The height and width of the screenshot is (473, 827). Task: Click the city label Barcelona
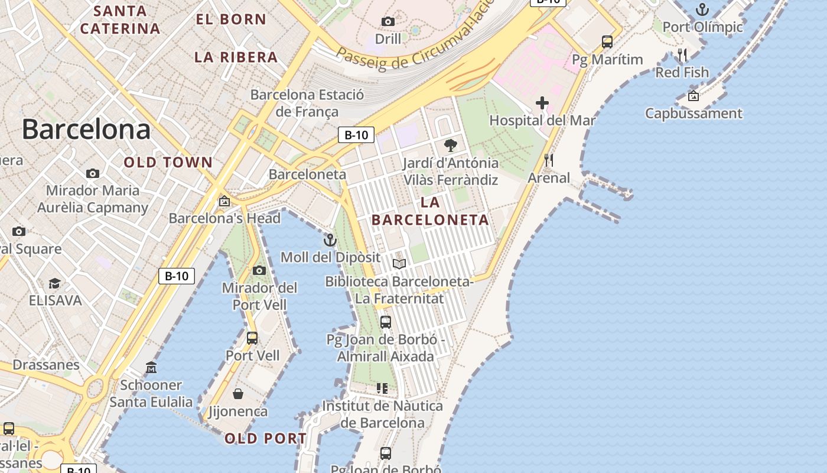pyautogui.click(x=86, y=129)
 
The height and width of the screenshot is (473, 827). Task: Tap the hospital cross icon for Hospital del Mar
pyautogui.click(x=542, y=103)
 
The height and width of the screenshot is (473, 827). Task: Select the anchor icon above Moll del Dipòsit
pyautogui.click(x=330, y=240)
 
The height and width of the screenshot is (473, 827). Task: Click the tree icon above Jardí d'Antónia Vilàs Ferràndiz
pyautogui.click(x=451, y=145)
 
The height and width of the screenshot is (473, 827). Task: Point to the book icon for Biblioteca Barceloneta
pyautogui.click(x=399, y=264)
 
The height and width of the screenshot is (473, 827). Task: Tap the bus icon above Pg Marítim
pyautogui.click(x=607, y=42)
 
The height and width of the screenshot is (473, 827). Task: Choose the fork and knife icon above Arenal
pyautogui.click(x=549, y=160)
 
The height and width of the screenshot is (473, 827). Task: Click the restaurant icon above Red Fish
pyautogui.click(x=682, y=55)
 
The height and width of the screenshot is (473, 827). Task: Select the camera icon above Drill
pyautogui.click(x=388, y=22)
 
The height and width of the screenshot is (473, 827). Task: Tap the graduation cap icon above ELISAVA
pyautogui.click(x=54, y=283)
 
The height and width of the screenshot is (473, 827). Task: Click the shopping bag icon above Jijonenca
pyautogui.click(x=238, y=394)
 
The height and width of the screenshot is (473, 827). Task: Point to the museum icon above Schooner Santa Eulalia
pyautogui.click(x=151, y=368)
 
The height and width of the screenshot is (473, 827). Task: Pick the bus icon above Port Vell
pyautogui.click(x=252, y=338)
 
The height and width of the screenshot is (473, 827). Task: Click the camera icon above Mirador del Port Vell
pyautogui.click(x=259, y=271)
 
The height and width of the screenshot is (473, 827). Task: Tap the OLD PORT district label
pyautogui.click(x=266, y=438)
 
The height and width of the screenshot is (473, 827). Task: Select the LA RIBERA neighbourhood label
pyautogui.click(x=236, y=57)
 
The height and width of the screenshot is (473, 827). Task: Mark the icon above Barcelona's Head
pyautogui.click(x=224, y=201)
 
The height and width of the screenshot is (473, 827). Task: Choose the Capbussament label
pyautogui.click(x=693, y=113)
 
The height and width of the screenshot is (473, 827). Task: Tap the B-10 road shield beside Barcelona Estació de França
pyautogui.click(x=356, y=135)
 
